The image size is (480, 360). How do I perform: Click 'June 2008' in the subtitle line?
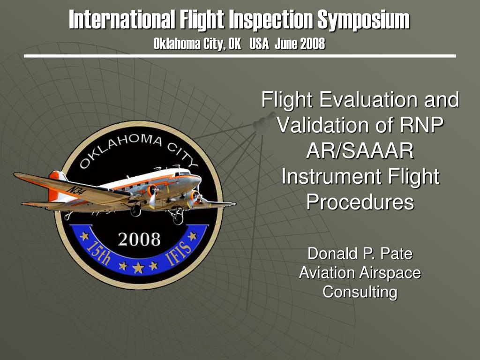[300, 44]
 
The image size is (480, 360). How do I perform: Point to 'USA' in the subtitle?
[259, 44]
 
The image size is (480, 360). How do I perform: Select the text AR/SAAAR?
[360, 151]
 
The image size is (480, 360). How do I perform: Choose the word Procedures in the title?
[360, 202]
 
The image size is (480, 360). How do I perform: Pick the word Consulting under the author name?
[360, 292]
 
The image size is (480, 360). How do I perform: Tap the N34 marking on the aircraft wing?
[76, 190]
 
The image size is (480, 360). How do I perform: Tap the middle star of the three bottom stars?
[139, 268]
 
